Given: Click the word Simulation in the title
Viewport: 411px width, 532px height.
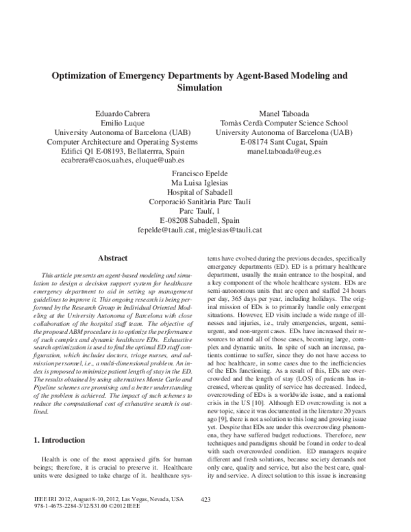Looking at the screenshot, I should pos(205,88).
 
